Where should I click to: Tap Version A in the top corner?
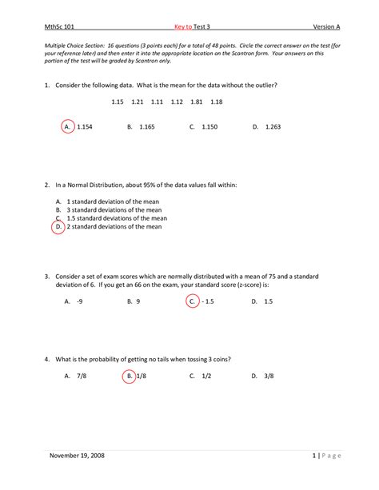[x=325, y=26]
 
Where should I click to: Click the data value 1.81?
[x=196, y=102]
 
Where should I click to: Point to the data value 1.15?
[x=118, y=102]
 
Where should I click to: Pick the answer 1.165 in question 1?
[x=146, y=127]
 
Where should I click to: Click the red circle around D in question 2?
[x=58, y=227]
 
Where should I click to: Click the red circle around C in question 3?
[x=192, y=302]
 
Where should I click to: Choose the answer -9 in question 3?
[x=80, y=302]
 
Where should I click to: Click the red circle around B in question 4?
[x=129, y=376]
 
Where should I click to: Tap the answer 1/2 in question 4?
[x=205, y=376]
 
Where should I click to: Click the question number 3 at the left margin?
[x=49, y=277]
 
